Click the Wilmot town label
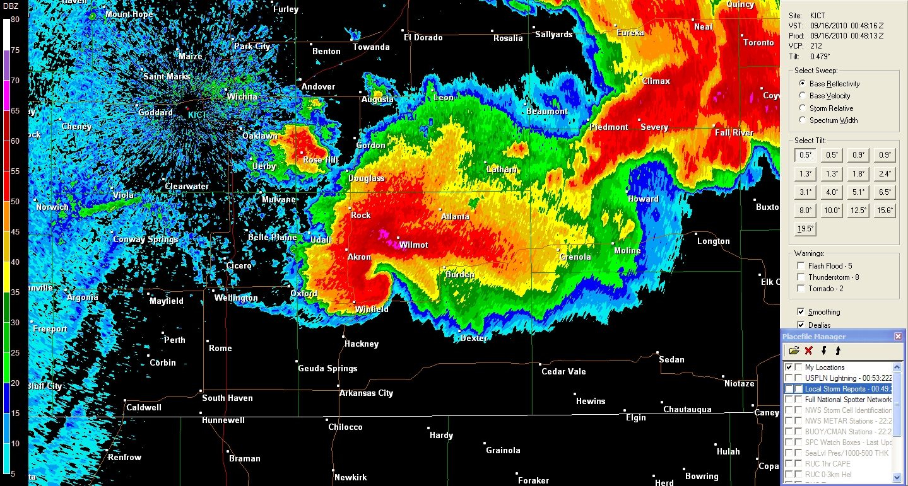[413, 245]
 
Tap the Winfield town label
[372, 310]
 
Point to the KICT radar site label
[198, 114]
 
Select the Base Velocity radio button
[803, 96]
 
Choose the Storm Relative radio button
[803, 108]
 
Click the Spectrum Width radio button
[803, 120]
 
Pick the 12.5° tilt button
[858, 211]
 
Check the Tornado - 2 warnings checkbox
[801, 289]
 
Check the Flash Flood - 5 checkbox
[801, 266]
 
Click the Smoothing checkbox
[801, 312]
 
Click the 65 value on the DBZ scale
[15, 111]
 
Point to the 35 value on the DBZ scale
[15, 292]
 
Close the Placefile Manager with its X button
[898, 337]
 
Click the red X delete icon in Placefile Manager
[808, 350]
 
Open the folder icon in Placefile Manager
[794, 350]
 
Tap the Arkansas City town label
[366, 393]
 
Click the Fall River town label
[734, 133]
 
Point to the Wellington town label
[236, 298]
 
